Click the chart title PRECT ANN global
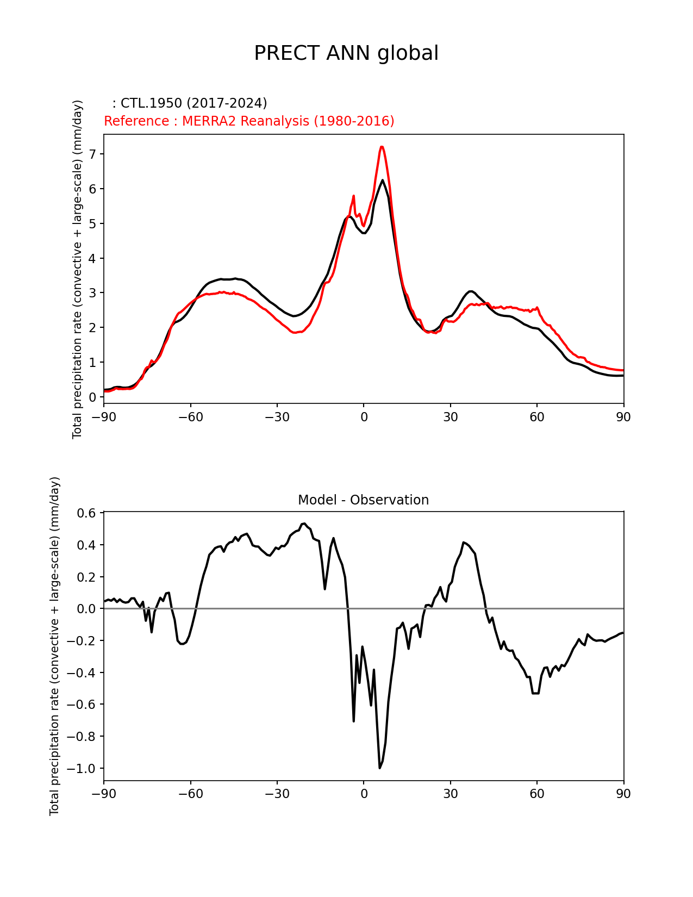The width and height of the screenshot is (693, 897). pyautogui.click(x=346, y=53)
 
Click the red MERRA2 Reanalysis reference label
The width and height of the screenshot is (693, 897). pyautogui.click(x=249, y=121)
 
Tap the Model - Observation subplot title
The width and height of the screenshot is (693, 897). pyautogui.click(x=363, y=500)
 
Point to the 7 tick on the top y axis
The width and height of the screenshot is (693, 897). pyautogui.click(x=92, y=154)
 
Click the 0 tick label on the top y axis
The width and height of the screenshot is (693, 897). pyautogui.click(x=92, y=397)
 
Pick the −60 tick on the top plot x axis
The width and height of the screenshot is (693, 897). pyautogui.click(x=190, y=417)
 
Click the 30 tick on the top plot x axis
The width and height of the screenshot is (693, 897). pyautogui.click(x=450, y=417)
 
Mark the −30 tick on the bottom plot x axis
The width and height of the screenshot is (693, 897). pyautogui.click(x=277, y=794)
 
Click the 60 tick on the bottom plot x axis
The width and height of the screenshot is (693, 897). pyautogui.click(x=537, y=794)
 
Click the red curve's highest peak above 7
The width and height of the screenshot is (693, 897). pyautogui.click(x=382, y=147)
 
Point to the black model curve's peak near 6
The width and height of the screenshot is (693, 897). pyautogui.click(x=382, y=180)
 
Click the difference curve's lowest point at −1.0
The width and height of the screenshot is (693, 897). pyautogui.click(x=380, y=768)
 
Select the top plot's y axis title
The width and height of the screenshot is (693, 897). pyautogui.click(x=78, y=269)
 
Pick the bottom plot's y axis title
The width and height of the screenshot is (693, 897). pyautogui.click(x=54, y=646)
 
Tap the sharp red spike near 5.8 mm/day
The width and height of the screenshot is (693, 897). pyautogui.click(x=353, y=196)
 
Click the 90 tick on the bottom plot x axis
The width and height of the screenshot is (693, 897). pyautogui.click(x=623, y=794)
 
